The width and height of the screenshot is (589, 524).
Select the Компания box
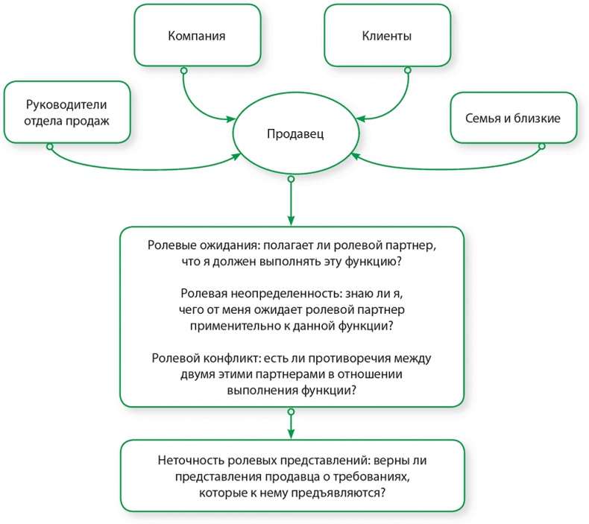(x=197, y=36)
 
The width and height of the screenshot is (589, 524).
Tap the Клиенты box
(x=386, y=36)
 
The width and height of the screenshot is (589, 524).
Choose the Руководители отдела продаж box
(x=67, y=112)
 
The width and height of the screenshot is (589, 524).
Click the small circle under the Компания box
(x=183, y=69)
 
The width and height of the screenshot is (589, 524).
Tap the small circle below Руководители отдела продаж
(x=50, y=147)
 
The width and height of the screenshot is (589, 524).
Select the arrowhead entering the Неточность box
(x=291, y=435)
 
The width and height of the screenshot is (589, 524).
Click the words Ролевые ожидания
(x=195, y=246)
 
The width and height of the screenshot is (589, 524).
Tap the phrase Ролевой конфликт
(x=195, y=358)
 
